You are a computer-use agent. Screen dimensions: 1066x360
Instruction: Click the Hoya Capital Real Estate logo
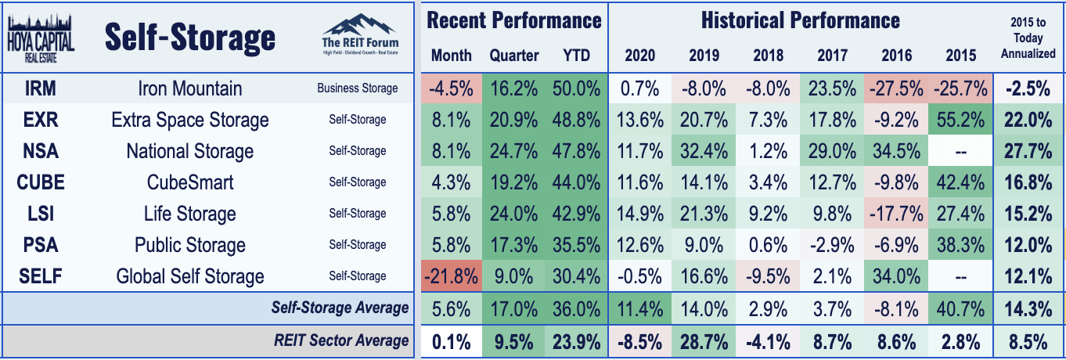coord(41,38)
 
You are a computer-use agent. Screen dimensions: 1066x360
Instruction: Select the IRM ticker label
coord(41,88)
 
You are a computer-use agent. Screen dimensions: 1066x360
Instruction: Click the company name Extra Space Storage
coord(190,120)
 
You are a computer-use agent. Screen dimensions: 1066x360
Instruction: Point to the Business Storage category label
coord(358,88)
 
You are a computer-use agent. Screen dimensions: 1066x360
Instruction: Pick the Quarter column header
coord(514,56)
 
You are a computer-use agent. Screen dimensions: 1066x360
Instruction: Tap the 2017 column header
coord(832,56)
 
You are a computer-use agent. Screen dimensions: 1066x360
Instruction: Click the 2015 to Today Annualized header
coord(1028,38)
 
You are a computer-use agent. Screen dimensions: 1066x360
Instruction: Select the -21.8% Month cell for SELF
coord(451,276)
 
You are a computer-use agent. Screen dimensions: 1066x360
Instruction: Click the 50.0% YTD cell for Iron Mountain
coord(576,89)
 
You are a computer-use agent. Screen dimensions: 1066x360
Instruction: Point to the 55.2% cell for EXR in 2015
coord(960,120)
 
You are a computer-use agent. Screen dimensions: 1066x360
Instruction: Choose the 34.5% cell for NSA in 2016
coord(896,151)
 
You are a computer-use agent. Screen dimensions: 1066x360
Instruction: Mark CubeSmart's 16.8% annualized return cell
coord(1028,182)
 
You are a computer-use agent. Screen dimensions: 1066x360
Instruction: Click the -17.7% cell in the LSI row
coord(896,214)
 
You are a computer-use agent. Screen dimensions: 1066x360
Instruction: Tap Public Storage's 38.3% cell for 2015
coord(960,245)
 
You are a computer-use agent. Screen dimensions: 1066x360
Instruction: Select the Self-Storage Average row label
coord(340,308)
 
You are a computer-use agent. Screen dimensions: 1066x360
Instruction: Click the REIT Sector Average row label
coord(340,340)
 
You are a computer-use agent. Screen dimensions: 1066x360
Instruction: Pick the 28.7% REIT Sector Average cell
coord(704,342)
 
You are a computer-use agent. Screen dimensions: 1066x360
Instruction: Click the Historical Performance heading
coord(801,20)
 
